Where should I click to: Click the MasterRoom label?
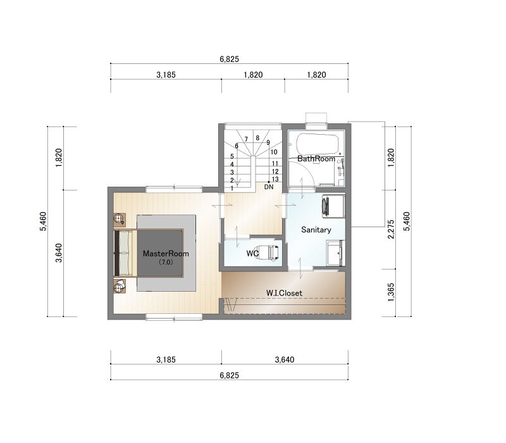tap(166, 254)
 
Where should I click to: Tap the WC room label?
tap(252, 254)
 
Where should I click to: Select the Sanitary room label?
tap(316, 230)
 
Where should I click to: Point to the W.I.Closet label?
tap(284, 293)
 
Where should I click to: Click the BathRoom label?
tap(316, 159)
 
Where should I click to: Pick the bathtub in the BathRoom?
tap(318, 144)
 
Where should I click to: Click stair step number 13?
tap(275, 179)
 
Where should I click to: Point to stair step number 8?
tap(257, 138)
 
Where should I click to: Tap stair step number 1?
tap(231, 188)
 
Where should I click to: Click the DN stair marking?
tap(268, 187)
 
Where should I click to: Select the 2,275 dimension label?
tap(391, 229)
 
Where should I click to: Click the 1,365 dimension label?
tap(391, 292)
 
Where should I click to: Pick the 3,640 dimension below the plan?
tap(284, 359)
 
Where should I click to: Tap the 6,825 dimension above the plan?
tap(229, 59)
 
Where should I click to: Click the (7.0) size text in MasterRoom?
tap(166, 262)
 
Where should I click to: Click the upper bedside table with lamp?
tap(120, 219)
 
